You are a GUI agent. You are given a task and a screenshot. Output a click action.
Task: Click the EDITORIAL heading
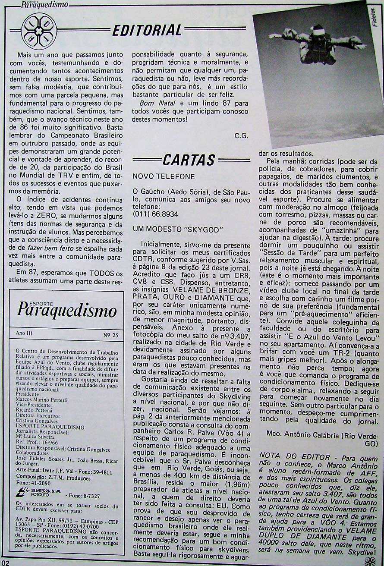(x=147, y=30)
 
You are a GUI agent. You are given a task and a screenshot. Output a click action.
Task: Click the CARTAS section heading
(x=189, y=160)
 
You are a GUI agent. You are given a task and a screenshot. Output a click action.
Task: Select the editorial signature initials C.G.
(x=241, y=135)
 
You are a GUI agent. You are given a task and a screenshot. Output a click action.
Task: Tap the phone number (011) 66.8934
(x=155, y=214)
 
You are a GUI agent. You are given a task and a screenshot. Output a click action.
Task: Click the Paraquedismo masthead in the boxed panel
(x=67, y=310)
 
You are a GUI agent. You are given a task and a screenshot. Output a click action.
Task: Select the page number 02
(x=5, y=562)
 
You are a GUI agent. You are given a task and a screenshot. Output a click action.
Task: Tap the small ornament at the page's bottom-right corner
(x=369, y=560)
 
